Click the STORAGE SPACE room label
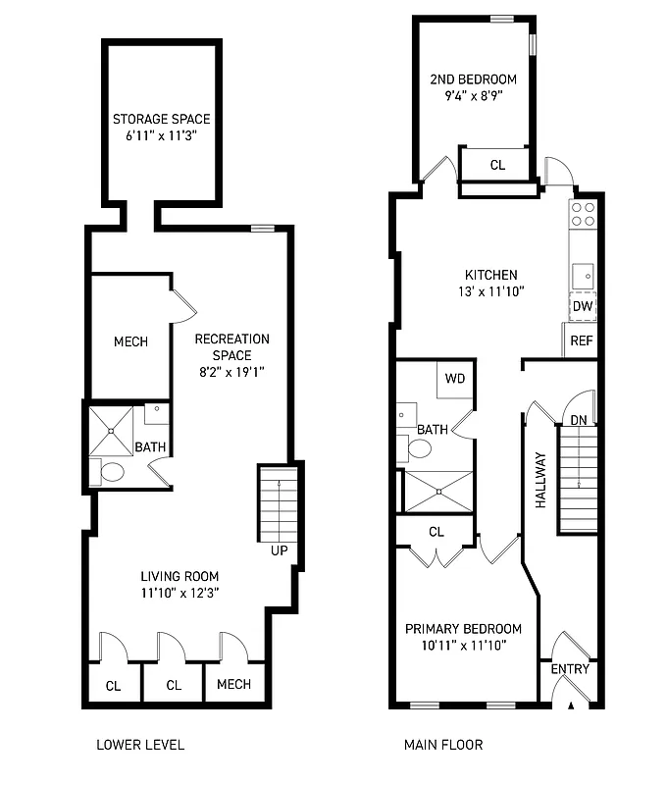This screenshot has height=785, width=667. (161, 120)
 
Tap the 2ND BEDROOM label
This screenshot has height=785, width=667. (474, 79)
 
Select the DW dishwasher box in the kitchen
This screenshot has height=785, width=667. (583, 306)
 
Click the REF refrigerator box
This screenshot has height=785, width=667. (582, 341)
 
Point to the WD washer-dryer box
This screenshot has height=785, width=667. (455, 379)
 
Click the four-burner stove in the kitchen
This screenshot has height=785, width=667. (584, 214)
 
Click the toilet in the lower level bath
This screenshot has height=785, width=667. (112, 472)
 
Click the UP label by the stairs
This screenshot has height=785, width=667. (279, 550)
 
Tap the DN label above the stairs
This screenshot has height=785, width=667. (579, 420)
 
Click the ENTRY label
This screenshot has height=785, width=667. (570, 670)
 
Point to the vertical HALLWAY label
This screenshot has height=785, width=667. (539, 479)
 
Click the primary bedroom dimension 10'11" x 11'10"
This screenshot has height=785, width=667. (463, 645)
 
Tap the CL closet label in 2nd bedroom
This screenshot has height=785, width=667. (497, 166)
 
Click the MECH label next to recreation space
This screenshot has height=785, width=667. (130, 341)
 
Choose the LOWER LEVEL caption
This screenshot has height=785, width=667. (139, 745)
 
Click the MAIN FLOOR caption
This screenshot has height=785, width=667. (443, 745)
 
